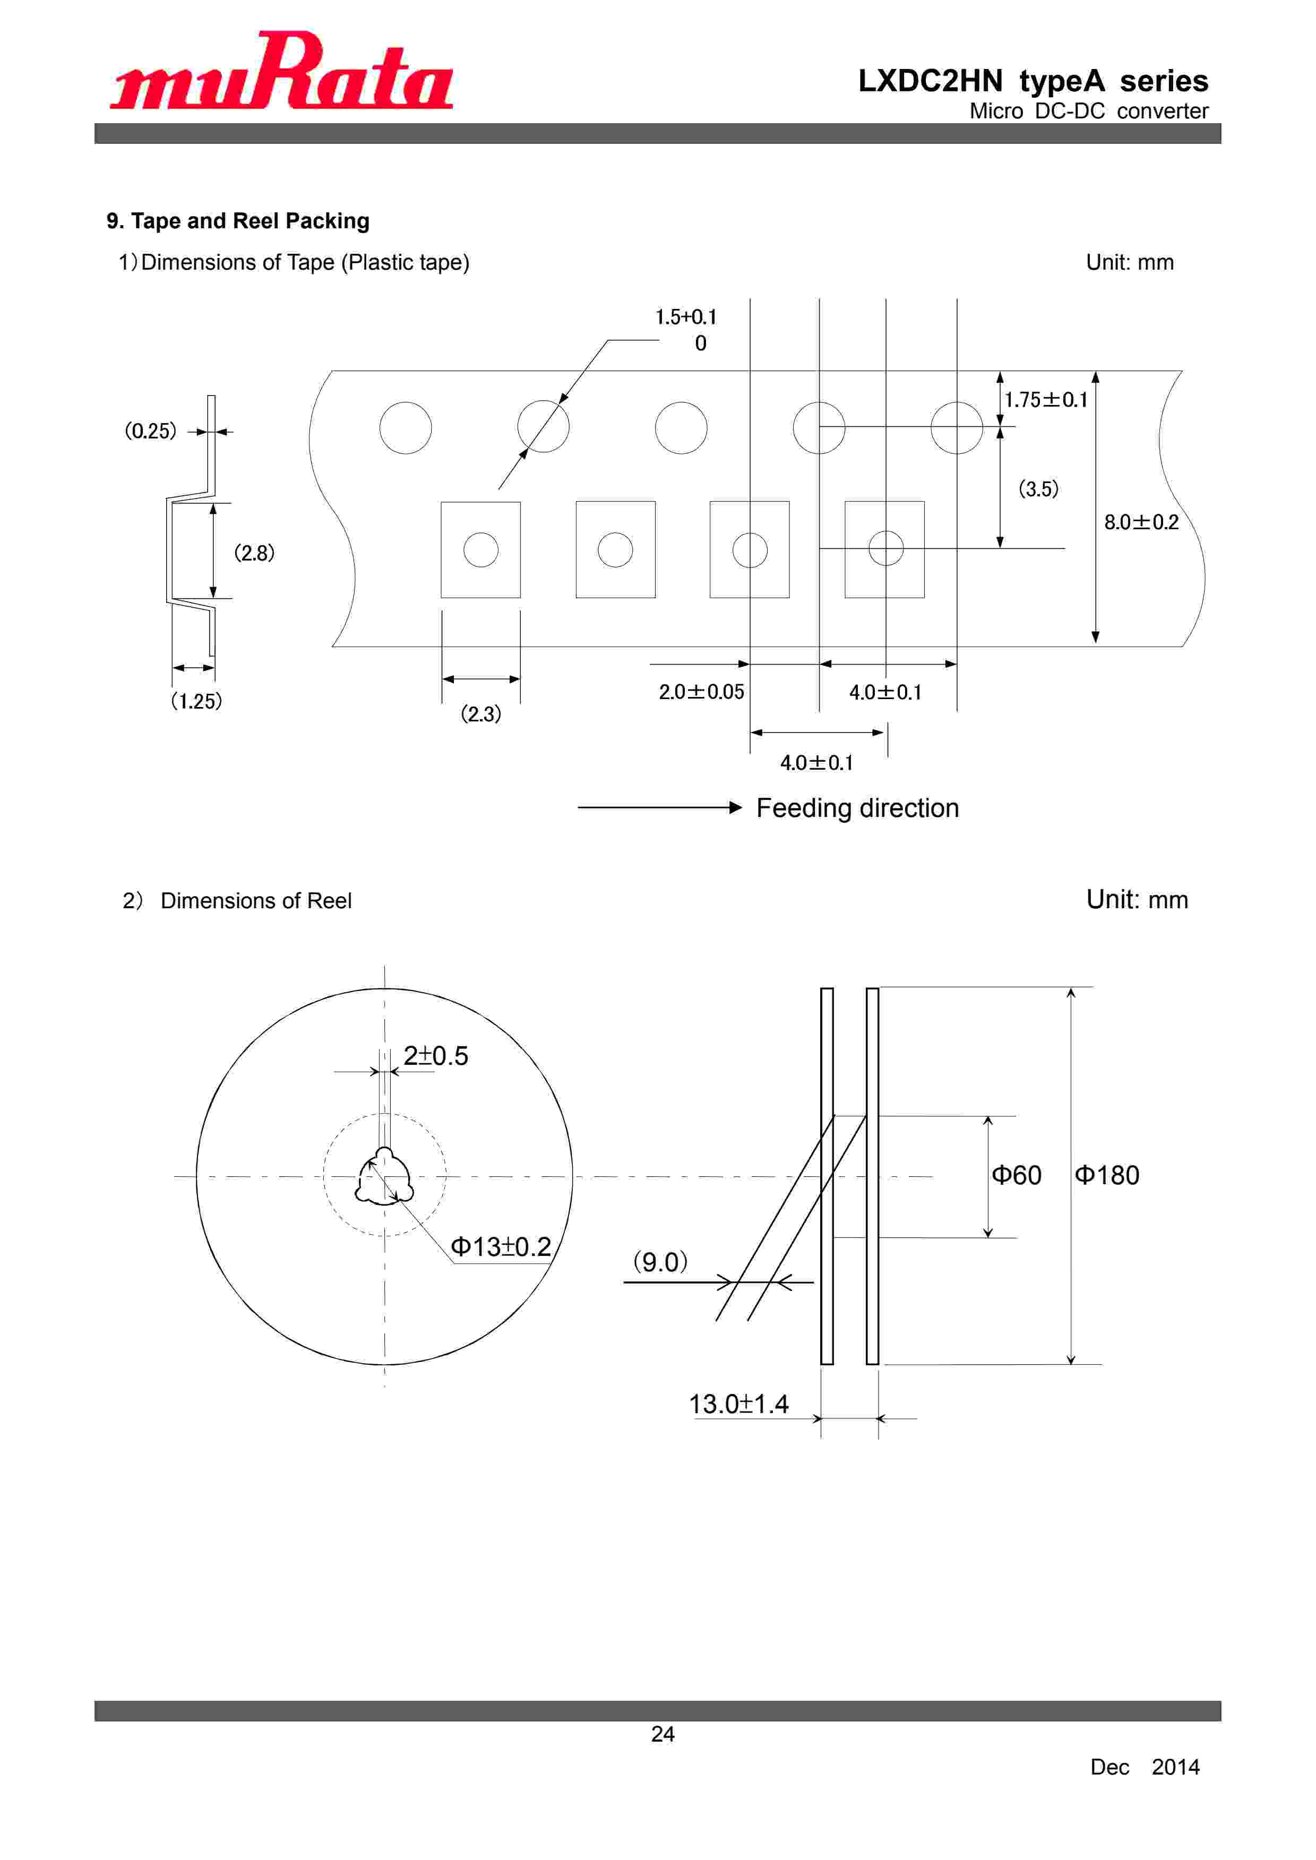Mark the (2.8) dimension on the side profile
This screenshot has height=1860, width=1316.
click(254, 553)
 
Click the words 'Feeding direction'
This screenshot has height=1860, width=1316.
click(857, 808)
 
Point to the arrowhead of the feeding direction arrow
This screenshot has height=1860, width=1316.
click(735, 808)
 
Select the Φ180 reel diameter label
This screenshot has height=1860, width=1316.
click(1107, 1175)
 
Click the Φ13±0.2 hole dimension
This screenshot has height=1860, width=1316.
click(501, 1247)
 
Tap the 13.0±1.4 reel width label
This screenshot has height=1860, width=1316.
click(738, 1404)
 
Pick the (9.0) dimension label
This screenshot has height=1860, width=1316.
click(660, 1262)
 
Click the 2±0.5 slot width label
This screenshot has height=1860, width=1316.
click(435, 1056)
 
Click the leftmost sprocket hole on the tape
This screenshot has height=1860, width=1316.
click(405, 428)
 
